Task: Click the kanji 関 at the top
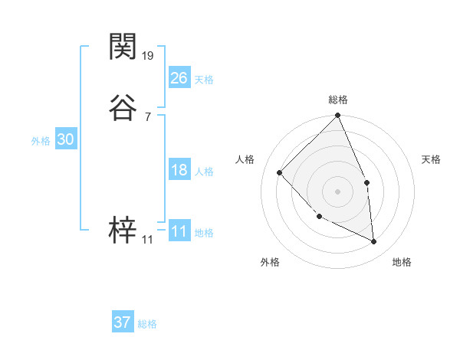123,48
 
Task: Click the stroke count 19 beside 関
149,55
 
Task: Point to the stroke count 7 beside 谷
147,116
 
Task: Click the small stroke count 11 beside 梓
147,239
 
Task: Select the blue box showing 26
179,77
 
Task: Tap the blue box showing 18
179,170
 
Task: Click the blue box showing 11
179,231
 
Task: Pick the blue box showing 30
66,139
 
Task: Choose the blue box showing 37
123,322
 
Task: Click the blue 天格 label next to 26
204,79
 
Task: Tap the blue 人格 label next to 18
204,172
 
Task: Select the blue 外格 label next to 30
41,141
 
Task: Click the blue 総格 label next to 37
147,324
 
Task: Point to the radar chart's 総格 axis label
338,100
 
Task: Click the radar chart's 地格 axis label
402,262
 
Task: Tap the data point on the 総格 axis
338,116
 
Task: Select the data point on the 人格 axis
280,172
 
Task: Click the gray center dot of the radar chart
338,191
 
